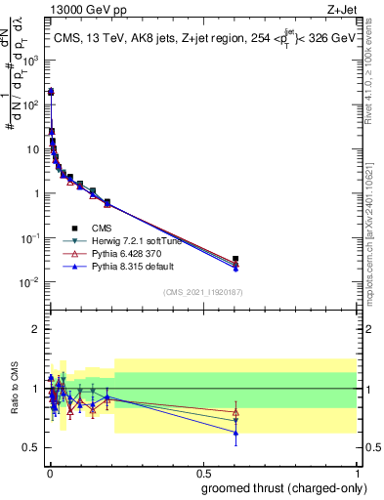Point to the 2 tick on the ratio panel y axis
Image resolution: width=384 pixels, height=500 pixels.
tap(36, 329)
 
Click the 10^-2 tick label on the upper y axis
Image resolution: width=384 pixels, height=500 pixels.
tap(30, 282)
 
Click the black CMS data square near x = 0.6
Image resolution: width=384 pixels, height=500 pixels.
tap(235, 259)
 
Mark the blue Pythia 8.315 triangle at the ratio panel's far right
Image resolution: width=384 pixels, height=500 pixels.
tap(235, 433)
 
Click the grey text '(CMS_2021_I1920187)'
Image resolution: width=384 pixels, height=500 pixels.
tap(201, 292)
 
